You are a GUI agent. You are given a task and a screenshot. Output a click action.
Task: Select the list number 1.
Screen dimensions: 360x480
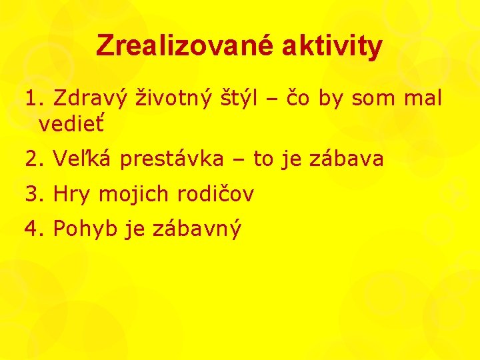click(x=33, y=99)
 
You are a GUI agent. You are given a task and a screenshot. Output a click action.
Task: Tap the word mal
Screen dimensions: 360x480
click(x=421, y=99)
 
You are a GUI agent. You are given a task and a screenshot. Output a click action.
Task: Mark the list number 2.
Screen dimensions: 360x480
click(x=33, y=159)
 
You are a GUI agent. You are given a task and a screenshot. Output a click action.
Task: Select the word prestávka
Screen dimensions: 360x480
click(x=173, y=159)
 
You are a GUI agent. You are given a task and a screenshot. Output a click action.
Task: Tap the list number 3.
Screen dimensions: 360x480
click(x=33, y=195)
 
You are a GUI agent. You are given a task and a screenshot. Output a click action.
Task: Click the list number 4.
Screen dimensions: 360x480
click(x=33, y=230)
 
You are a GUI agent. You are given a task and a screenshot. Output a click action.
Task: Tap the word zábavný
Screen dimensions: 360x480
click(x=197, y=230)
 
